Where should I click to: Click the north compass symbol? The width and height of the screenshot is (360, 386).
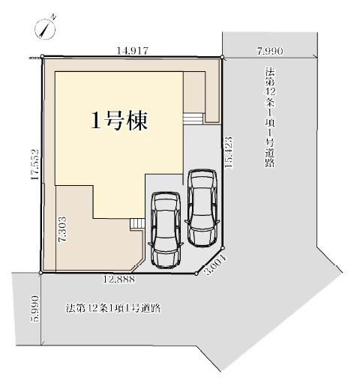[45, 29]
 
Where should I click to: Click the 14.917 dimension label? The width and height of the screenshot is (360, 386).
[133, 51]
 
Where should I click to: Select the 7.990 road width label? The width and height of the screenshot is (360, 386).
[270, 51]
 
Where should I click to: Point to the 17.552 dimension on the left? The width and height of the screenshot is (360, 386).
[34, 164]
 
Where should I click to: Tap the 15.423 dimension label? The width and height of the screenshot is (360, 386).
[229, 152]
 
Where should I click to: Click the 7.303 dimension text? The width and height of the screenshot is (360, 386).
[62, 229]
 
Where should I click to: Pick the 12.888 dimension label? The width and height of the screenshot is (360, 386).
[119, 279]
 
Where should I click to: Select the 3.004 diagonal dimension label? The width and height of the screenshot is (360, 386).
[215, 265]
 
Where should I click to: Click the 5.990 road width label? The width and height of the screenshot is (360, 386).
[34, 309]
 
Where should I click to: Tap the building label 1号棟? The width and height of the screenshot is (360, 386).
[119, 121]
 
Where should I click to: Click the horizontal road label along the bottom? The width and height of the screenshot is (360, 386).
[113, 308]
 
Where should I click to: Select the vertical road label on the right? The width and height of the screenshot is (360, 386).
[270, 117]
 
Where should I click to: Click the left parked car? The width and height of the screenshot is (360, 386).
[166, 230]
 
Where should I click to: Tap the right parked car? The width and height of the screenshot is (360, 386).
[202, 208]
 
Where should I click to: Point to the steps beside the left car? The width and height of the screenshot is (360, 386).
[136, 223]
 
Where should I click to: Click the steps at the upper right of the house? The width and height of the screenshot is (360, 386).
[193, 118]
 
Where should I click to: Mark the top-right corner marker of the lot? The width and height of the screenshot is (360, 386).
[222, 58]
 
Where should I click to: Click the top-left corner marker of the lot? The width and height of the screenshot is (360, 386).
[42, 56]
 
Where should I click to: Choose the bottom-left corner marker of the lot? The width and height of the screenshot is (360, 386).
[40, 273]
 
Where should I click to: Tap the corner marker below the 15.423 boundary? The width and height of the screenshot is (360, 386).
[223, 248]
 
